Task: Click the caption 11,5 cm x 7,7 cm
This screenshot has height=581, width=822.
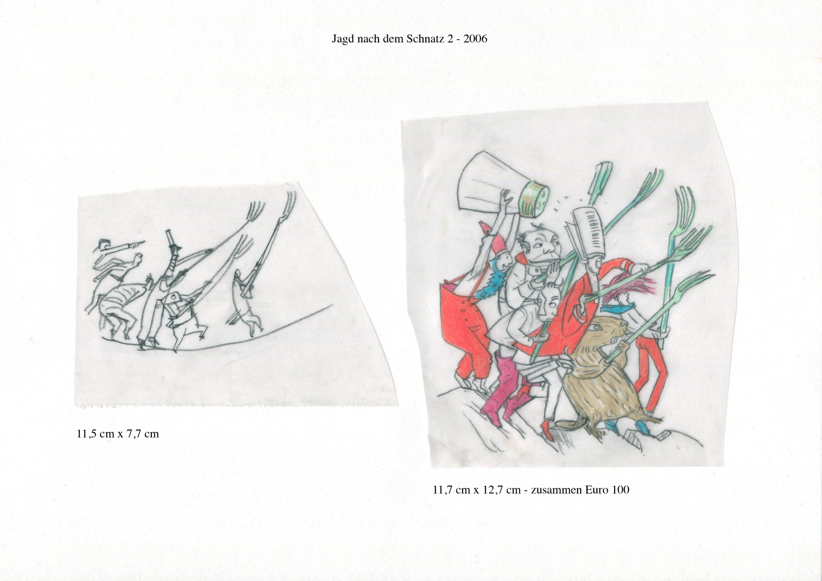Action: click(118, 434)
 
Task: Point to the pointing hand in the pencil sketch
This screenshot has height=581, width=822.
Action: click(138, 243)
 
